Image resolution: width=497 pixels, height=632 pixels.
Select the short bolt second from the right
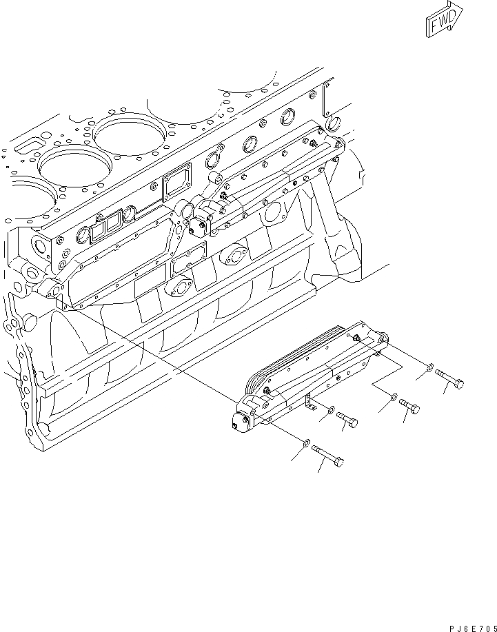click(409, 407)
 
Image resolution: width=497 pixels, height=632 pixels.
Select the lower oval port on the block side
click(184, 285)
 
